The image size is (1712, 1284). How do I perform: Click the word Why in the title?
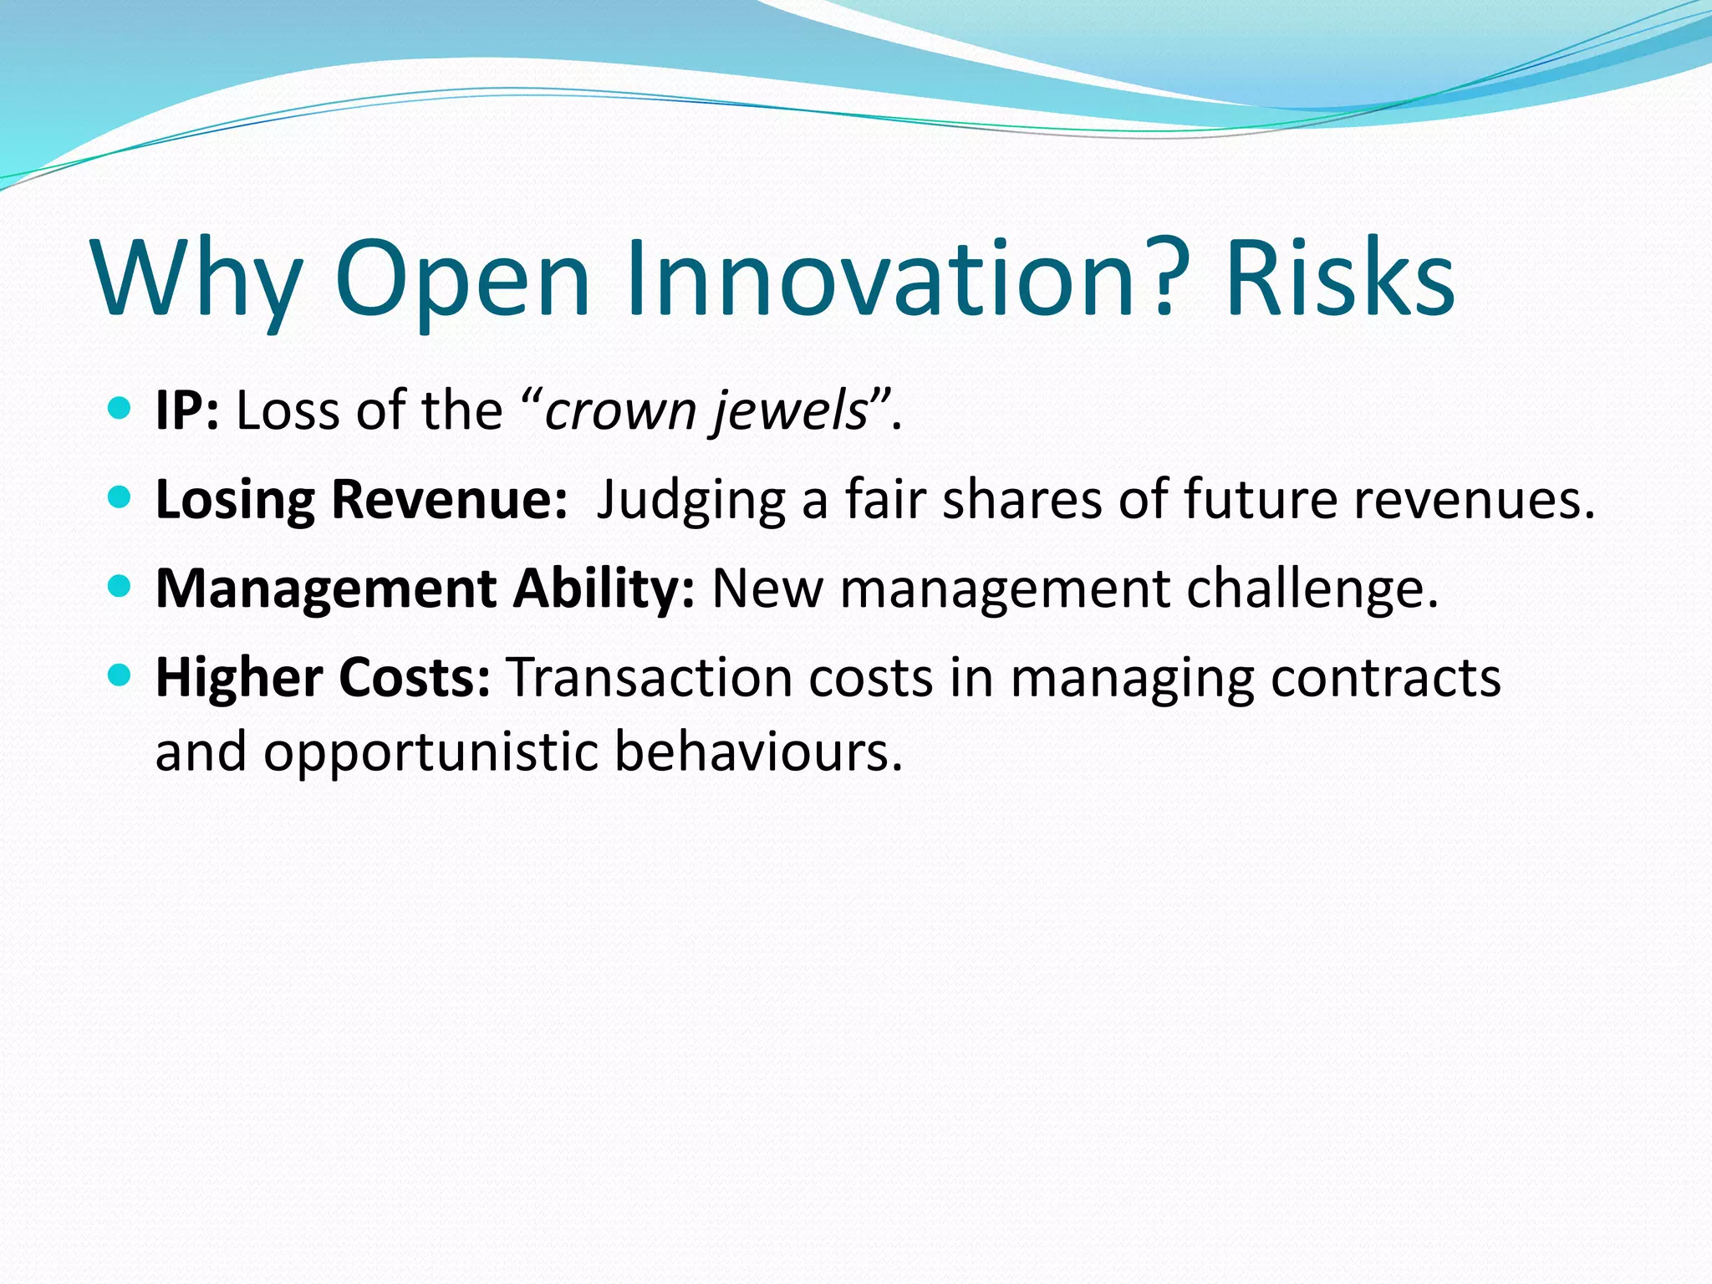point(197,280)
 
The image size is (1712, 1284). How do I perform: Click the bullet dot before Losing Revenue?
point(120,498)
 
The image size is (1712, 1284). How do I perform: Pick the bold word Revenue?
point(450,500)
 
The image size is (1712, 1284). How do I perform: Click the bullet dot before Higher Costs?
point(120,675)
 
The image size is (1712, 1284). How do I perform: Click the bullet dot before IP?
point(120,409)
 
